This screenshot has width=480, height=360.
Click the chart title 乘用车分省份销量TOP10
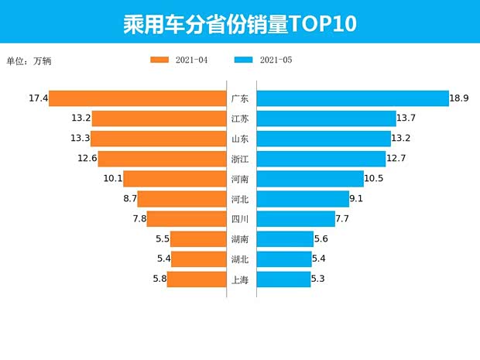click(239, 22)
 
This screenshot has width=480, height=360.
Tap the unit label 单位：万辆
click(29, 60)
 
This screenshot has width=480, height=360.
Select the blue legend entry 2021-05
click(263, 60)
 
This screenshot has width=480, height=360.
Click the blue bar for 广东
click(352, 98)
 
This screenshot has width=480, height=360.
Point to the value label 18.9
click(460, 98)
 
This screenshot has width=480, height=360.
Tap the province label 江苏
click(240, 118)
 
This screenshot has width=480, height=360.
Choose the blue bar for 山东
click(324, 139)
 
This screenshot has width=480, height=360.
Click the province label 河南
click(240, 179)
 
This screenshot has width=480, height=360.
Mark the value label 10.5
click(375, 179)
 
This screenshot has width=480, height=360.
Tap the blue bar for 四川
click(296, 219)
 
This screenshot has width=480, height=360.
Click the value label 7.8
click(139, 219)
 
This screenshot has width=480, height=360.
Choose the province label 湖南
click(240, 239)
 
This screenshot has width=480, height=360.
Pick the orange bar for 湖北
click(199, 259)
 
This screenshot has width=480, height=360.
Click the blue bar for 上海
click(283, 279)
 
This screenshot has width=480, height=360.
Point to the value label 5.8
click(158, 279)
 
